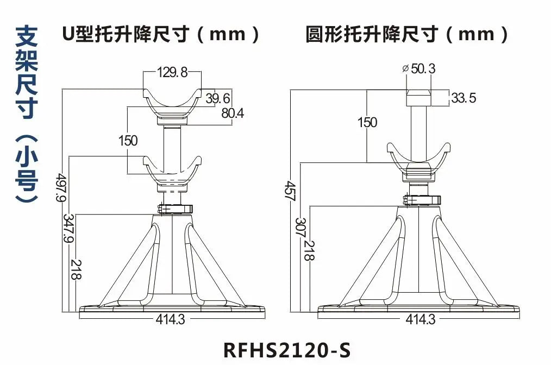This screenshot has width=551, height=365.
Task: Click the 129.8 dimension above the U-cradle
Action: click(x=172, y=72)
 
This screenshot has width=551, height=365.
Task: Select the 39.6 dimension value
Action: click(x=218, y=98)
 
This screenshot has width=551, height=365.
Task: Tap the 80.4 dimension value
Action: click(x=233, y=113)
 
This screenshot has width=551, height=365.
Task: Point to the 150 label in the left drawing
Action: click(x=128, y=141)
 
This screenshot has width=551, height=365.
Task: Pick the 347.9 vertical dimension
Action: click(x=68, y=228)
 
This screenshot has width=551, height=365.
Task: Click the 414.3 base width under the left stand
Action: click(x=171, y=320)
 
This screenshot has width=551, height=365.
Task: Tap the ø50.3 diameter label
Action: click(x=418, y=68)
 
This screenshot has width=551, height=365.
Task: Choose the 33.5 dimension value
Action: click(x=464, y=98)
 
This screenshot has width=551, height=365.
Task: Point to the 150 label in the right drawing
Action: click(x=367, y=122)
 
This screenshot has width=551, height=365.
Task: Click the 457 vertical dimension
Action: click(x=289, y=191)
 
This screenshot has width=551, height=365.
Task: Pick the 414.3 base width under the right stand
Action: click(x=421, y=320)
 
